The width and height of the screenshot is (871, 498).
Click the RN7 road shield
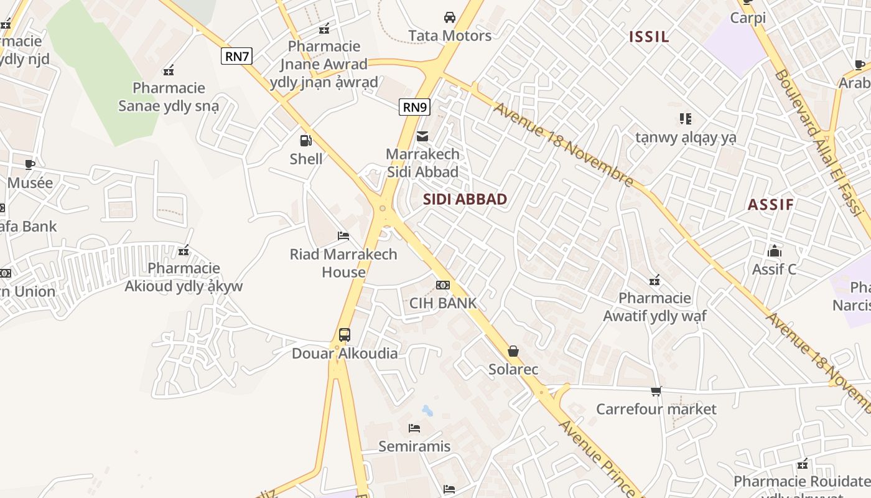coord(236,57)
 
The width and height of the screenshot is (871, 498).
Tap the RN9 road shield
coord(414,107)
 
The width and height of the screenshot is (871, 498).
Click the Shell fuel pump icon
coord(305,141)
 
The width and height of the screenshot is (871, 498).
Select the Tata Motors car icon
coord(449,17)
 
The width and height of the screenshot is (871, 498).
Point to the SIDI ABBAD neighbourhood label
coord(465,199)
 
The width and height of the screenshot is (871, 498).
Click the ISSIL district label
coord(649,37)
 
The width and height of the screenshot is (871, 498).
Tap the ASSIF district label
coord(770,205)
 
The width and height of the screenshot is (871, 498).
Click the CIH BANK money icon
coord(442,285)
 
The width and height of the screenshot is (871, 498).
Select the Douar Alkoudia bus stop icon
coord(345,335)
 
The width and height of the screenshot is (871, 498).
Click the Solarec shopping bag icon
coord(513,351)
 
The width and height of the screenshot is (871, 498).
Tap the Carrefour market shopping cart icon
coord(656,391)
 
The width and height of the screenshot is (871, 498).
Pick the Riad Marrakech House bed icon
coord(343,236)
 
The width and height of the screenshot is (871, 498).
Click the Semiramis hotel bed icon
coord(414,428)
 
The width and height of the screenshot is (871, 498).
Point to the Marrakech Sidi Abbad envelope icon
coord(422,136)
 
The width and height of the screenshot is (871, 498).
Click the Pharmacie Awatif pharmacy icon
coord(654,280)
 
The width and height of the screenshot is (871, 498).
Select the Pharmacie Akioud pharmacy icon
coord(184,250)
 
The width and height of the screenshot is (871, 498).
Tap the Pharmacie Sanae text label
coord(169,97)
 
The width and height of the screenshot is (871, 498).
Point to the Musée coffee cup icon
coord(30,164)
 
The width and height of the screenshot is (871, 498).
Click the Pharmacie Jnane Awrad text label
coord(324,64)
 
